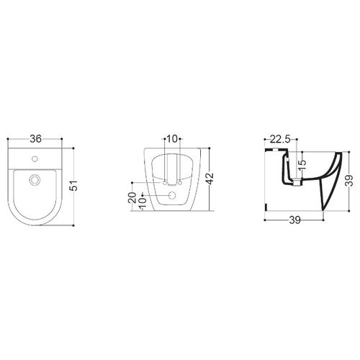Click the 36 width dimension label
pyautogui.click(x=35, y=139)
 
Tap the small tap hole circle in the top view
pyautogui.click(x=35, y=158)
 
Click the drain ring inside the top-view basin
pyautogui.click(x=35, y=179)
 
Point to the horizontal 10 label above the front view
pyautogui.click(x=172, y=139)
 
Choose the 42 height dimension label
pyautogui.click(x=210, y=179)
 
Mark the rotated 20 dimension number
pyautogui.click(x=132, y=197)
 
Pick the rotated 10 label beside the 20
pyautogui.click(x=143, y=203)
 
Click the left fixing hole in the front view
pyautogui.click(x=165, y=183)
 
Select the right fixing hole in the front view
pyautogui.click(x=180, y=183)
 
